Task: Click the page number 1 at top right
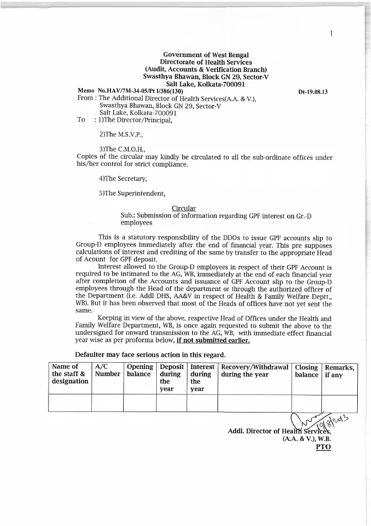(x=331, y=34)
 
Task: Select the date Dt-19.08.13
(x=313, y=92)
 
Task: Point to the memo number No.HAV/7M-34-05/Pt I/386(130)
(x=140, y=91)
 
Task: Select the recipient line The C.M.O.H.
(x=118, y=149)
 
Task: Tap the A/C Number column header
(x=107, y=370)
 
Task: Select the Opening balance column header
(x=139, y=370)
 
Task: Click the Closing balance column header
(x=306, y=370)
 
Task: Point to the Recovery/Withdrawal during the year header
(x=254, y=370)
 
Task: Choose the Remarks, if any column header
(x=340, y=370)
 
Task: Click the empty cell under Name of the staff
(x=70, y=403)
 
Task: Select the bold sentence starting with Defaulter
(x=150, y=355)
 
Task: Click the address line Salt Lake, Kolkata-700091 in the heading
(x=205, y=84)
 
